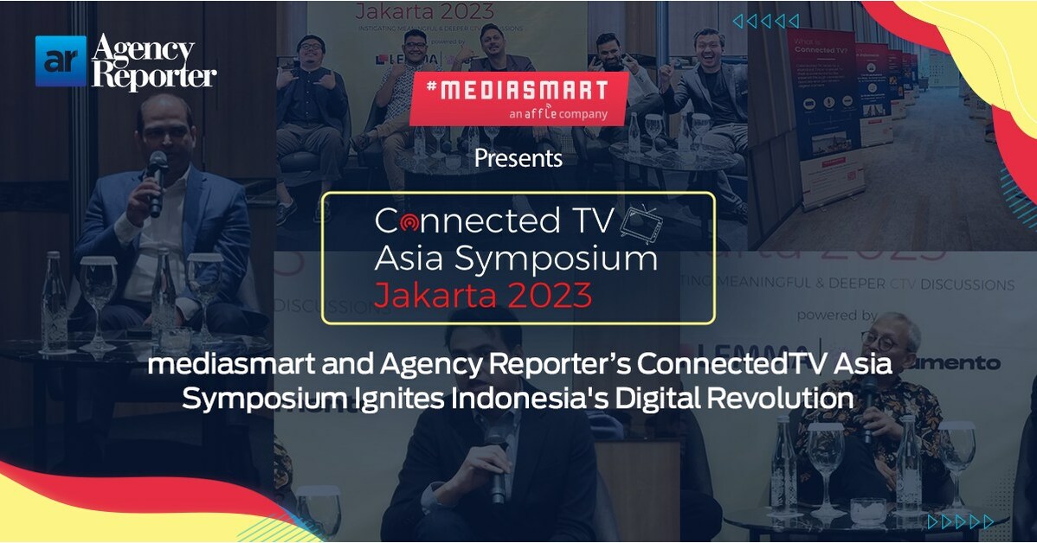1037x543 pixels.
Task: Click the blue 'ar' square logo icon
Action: tap(61, 61)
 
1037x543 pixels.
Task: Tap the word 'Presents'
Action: tap(518, 159)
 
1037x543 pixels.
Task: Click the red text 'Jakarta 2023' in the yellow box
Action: tap(483, 296)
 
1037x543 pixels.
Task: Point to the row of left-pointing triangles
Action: tap(765, 22)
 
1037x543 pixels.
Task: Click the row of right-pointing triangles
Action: tap(961, 521)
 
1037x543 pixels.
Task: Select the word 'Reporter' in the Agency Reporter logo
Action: tap(153, 75)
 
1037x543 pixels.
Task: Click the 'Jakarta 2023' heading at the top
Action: tap(424, 12)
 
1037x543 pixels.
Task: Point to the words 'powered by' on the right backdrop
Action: tap(837, 316)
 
